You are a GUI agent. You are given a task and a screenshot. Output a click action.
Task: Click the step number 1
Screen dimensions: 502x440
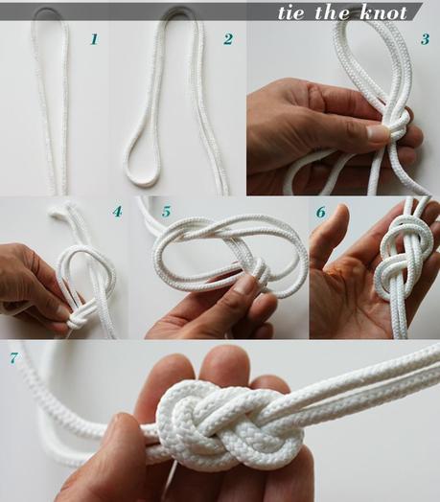(93, 40)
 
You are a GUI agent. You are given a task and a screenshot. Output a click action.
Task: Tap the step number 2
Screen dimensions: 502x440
(227, 40)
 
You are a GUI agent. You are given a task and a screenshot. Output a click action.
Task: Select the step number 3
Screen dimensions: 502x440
(424, 40)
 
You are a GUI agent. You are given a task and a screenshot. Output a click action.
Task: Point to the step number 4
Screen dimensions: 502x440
(116, 211)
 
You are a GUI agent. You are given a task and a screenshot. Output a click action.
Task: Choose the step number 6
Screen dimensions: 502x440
(320, 212)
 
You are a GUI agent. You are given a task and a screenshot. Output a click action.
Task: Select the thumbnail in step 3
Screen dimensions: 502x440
(377, 133)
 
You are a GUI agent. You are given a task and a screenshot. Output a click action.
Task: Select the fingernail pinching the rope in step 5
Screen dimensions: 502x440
(246, 285)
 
